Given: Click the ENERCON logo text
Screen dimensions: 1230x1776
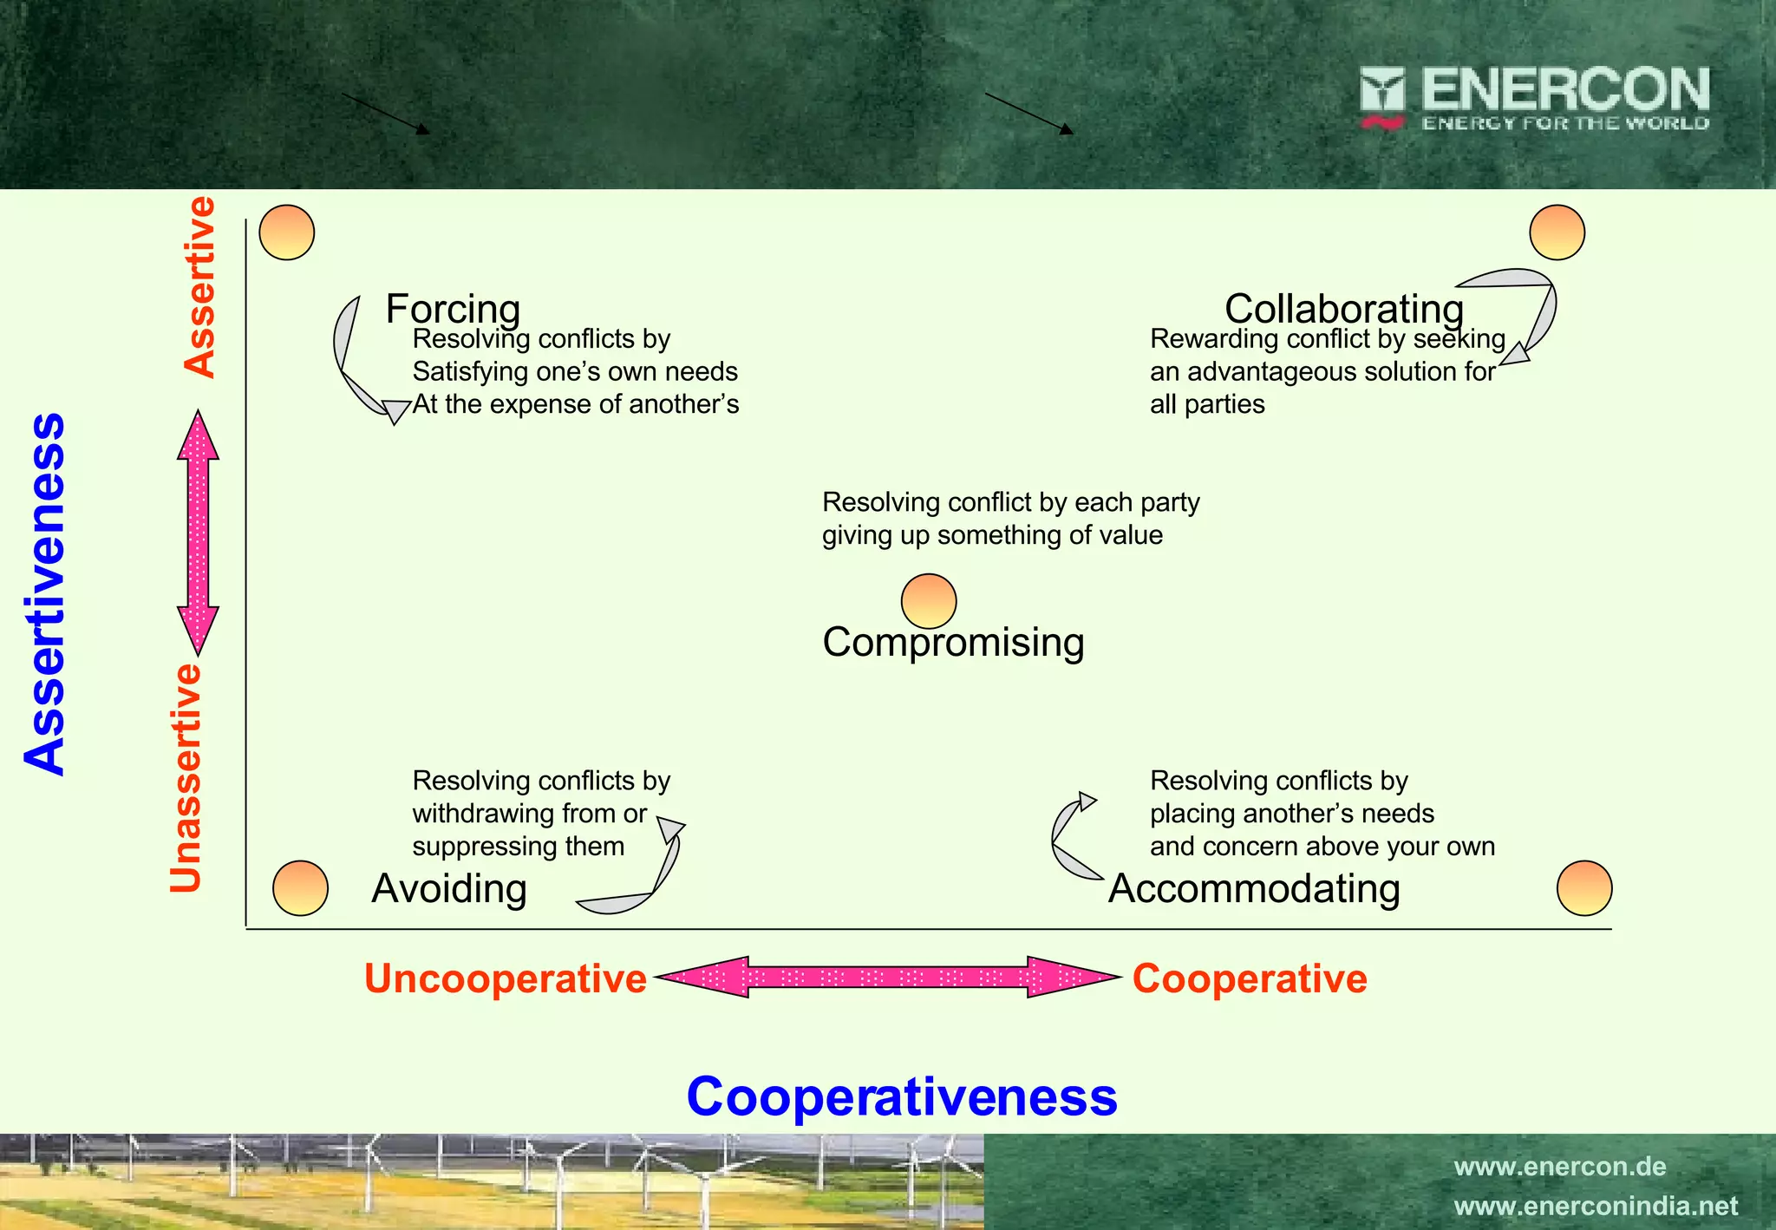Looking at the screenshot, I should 1564,90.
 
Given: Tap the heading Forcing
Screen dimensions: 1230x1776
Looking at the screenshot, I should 453,308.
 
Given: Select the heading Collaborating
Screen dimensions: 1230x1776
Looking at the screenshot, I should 1343,308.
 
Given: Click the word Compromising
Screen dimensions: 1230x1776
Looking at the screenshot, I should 953,643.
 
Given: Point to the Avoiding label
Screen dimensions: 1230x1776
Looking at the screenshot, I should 449,889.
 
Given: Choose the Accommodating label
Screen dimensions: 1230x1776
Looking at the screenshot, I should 1254,889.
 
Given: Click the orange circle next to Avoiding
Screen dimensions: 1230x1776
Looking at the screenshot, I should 300,888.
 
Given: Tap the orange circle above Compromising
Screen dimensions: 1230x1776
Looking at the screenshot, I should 929,600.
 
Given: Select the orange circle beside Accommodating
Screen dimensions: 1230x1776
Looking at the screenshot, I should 1584,888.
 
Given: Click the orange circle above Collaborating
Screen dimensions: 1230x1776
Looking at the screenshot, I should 1557,232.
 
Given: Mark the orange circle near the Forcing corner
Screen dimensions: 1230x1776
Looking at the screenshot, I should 287,232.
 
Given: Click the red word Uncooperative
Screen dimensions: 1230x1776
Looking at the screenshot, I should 505,978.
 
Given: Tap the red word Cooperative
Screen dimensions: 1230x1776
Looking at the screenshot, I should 1250,978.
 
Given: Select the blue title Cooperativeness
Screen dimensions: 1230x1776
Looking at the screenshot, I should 902,1096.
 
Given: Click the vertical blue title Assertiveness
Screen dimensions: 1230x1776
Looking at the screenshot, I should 45,594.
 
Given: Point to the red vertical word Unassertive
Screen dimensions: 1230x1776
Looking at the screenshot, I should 186,779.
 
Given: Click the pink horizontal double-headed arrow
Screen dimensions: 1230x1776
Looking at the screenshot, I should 887,978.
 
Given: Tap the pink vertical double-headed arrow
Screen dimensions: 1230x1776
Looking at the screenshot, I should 199,533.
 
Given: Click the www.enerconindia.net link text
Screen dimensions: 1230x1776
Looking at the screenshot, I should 1596,1206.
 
